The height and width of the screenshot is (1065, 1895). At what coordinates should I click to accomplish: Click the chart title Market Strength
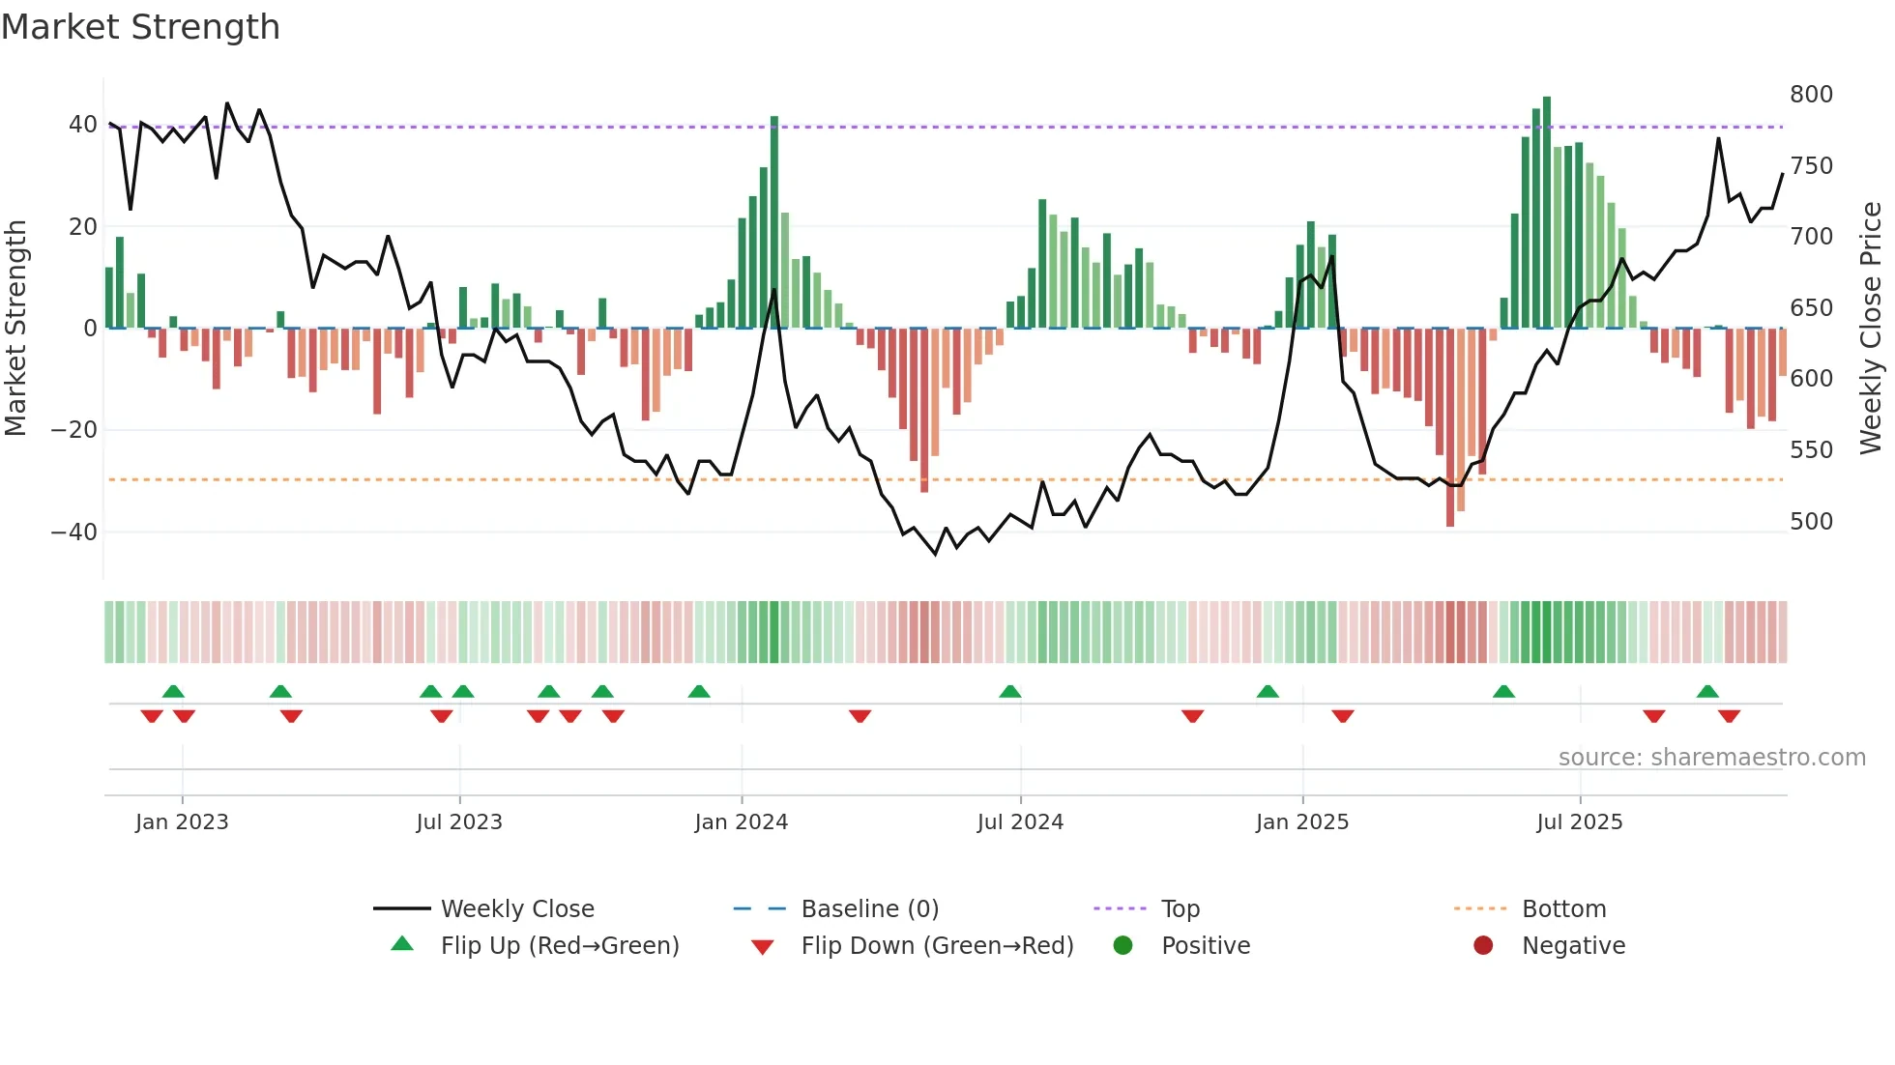(x=140, y=27)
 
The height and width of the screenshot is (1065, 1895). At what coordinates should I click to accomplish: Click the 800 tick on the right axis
(x=1810, y=95)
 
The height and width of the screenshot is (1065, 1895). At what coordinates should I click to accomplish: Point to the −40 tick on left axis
(x=73, y=532)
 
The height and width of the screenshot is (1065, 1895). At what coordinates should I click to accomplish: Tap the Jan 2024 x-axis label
(x=741, y=822)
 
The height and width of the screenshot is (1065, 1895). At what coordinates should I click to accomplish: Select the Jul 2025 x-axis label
(x=1579, y=822)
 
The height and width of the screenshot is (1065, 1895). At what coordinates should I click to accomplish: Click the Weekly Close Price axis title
(x=1871, y=329)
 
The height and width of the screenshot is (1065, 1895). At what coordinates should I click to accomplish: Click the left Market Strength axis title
(x=15, y=329)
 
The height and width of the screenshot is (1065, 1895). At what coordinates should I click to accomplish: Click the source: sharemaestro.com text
(x=1711, y=758)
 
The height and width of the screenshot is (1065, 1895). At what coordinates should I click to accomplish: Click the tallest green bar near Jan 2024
(x=774, y=222)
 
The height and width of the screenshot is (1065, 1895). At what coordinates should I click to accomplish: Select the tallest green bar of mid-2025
(x=1547, y=213)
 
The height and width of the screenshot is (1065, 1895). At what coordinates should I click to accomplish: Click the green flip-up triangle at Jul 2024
(x=1009, y=692)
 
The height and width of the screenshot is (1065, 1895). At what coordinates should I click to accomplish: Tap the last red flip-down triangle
(x=1729, y=716)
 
